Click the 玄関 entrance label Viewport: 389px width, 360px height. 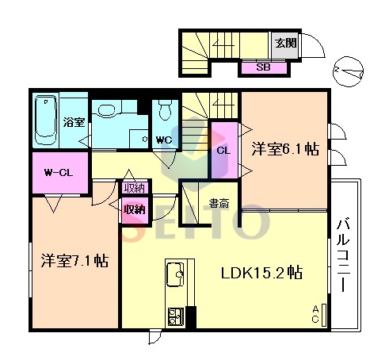pos(285,43)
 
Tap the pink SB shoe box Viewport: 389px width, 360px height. pos(264,67)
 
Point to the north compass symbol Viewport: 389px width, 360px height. pos(348,71)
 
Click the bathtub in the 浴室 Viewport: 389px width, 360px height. pos(46,120)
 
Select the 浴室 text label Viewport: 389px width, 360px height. pos(74,122)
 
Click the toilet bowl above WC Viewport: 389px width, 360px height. pos(166,109)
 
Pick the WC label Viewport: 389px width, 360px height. pos(164,140)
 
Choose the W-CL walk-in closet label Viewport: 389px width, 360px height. pos(59,173)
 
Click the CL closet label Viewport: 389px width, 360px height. pos(223,151)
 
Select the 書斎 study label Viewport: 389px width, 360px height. pos(219,203)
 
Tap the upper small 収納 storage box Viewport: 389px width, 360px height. pos(135,188)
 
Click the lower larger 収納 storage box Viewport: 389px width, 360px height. pos(135,210)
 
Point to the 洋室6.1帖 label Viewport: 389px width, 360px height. pos(285,149)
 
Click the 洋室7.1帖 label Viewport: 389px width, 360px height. pos(74,261)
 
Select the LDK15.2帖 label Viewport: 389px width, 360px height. pos(261,273)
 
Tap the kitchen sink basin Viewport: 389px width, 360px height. pos(175,274)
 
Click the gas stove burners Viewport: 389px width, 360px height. pos(175,316)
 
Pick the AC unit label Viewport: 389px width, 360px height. pos(315,314)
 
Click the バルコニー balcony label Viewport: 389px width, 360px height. pos(343,255)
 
